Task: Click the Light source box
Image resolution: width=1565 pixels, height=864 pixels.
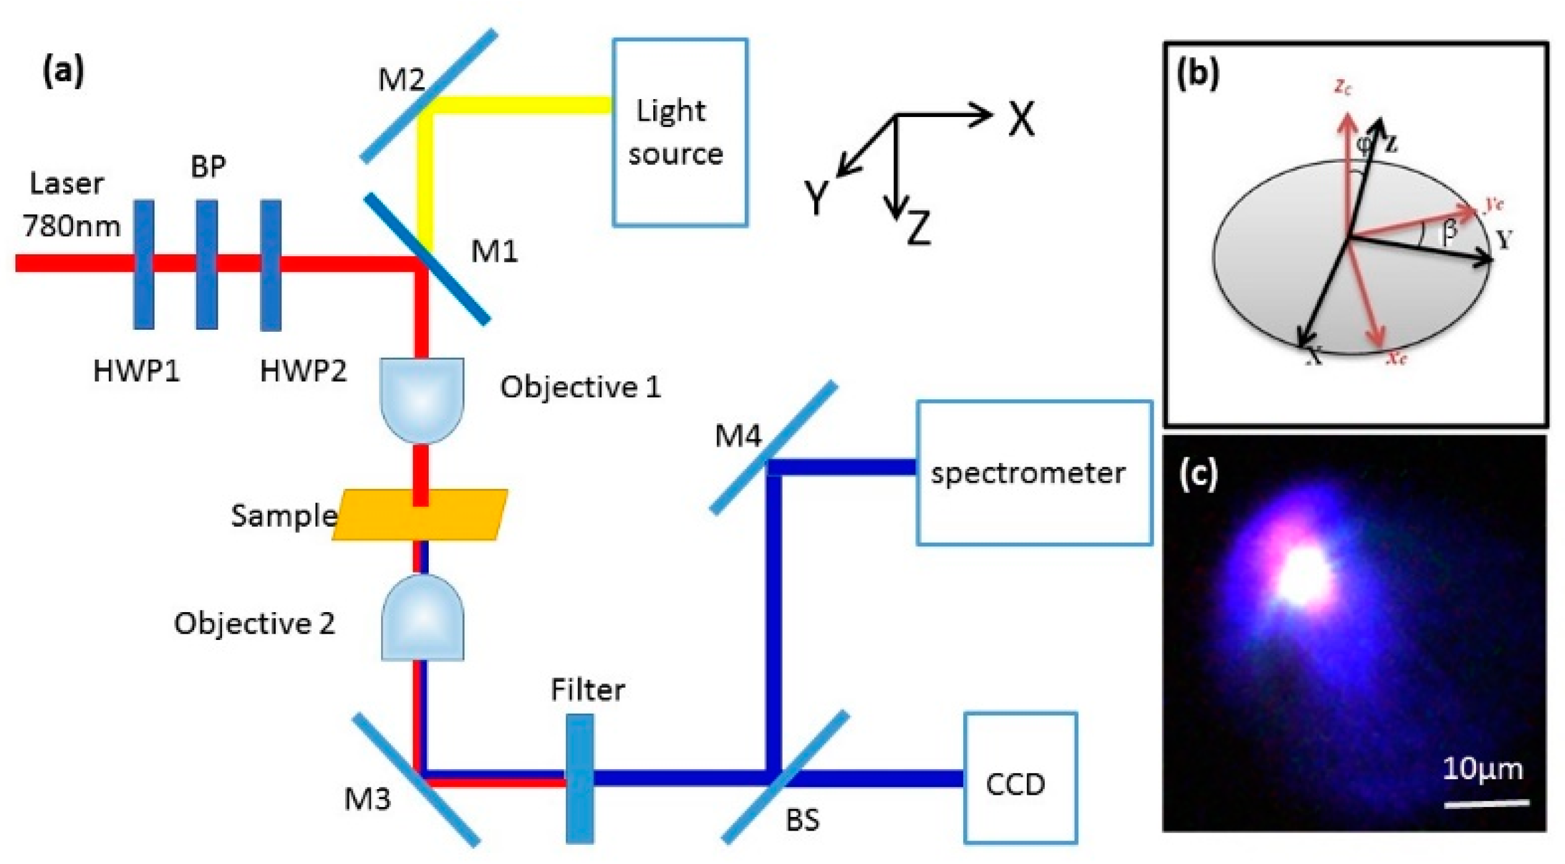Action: pos(679,132)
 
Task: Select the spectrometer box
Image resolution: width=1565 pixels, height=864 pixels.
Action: pos(1034,473)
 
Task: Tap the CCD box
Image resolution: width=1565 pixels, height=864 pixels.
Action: pos(1020,778)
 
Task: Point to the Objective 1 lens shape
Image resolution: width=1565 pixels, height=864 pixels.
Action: pos(421,399)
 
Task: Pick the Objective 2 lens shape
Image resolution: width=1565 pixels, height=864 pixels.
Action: pos(422,619)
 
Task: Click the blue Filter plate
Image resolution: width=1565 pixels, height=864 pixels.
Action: pos(580,778)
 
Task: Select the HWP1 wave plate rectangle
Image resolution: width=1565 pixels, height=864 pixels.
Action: pos(144,264)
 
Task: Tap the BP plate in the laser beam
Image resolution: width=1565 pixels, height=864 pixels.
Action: pos(207,264)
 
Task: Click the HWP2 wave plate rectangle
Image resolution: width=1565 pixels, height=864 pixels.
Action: pos(270,264)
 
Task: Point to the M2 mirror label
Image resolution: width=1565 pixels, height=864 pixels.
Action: pos(401,80)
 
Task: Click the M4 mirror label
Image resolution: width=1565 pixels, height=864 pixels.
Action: pos(737,436)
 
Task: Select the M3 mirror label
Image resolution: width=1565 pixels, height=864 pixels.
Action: pos(367,799)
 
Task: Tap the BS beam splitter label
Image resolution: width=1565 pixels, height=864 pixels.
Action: pos(802,820)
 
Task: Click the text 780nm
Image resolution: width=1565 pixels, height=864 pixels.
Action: pos(72,226)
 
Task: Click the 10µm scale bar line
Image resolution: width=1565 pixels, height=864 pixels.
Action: pos(1486,805)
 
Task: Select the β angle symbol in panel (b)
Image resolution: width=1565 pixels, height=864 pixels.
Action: pos(1449,232)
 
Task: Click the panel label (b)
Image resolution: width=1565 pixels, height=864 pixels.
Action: pos(1198,74)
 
